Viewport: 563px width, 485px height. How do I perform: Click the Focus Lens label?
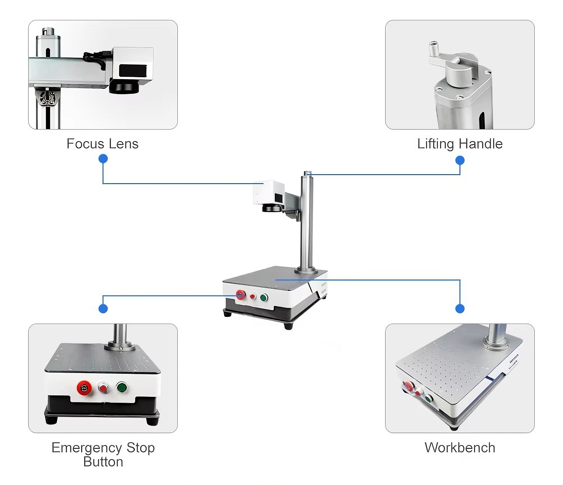(102, 144)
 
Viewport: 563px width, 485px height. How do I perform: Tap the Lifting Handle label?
(460, 144)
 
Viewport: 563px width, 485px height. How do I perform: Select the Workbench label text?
(460, 448)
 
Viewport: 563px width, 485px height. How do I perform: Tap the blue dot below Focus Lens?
(103, 159)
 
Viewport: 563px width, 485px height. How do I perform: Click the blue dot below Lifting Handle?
(460, 161)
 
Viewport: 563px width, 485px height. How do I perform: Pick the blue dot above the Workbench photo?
(460, 309)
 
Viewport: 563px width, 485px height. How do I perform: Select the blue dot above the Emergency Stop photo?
(103, 309)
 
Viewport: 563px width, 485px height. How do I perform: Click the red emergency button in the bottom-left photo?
(84, 388)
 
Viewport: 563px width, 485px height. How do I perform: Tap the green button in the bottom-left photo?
(122, 387)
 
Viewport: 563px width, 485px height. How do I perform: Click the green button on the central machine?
(264, 297)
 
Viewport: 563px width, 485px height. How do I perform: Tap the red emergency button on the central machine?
(240, 295)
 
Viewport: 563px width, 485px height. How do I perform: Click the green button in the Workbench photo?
(429, 399)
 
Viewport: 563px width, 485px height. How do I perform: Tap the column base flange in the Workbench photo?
(496, 344)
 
